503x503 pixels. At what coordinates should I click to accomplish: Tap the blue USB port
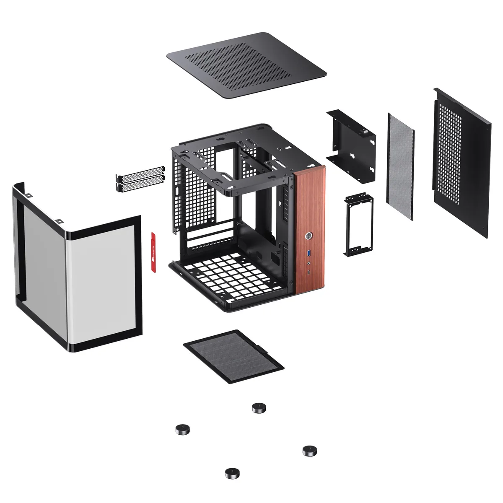click(x=309, y=253)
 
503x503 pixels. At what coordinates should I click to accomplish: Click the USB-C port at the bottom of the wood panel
click(x=309, y=273)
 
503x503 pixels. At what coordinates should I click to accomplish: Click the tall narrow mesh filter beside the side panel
click(x=401, y=166)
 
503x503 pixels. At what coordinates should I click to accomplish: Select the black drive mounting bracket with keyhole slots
click(x=351, y=145)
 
